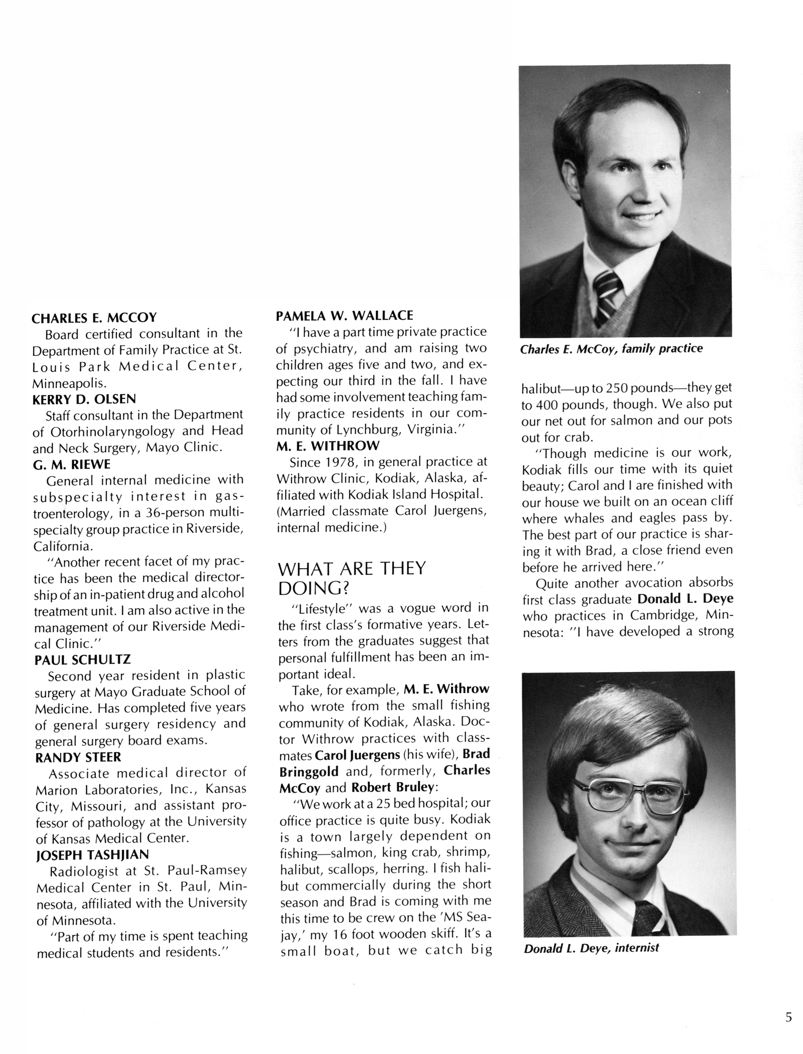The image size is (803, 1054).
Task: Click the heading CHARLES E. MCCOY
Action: (x=94, y=318)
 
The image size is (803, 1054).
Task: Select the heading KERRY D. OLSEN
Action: (x=84, y=399)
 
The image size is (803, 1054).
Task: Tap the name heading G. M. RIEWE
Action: (x=72, y=464)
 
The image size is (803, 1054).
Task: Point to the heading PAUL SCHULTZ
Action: (x=83, y=659)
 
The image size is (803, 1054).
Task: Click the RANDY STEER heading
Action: (x=78, y=757)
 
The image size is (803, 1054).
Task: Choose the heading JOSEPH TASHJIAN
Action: (x=92, y=854)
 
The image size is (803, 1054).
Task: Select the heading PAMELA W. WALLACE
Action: (x=345, y=316)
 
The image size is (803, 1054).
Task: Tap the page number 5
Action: (x=788, y=1017)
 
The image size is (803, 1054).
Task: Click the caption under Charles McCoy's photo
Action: (x=611, y=349)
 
